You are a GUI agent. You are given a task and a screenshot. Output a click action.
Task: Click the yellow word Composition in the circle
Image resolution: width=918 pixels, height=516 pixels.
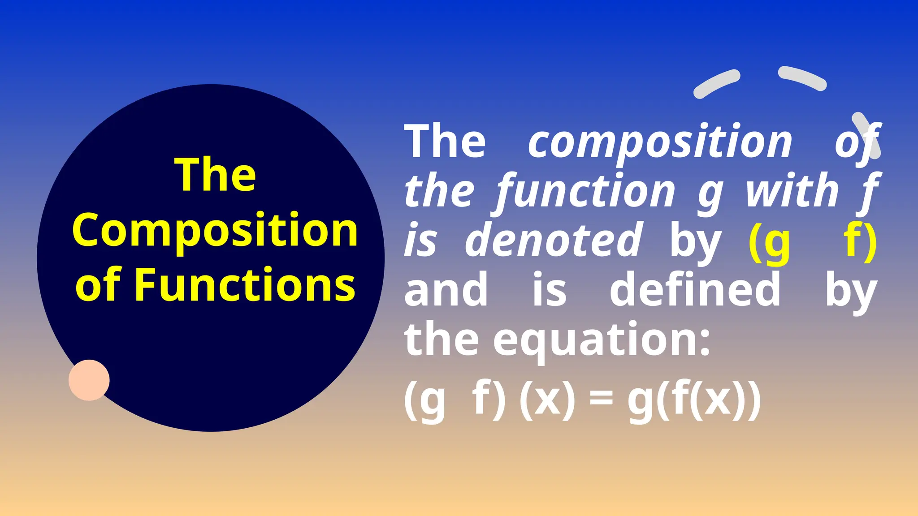(215, 231)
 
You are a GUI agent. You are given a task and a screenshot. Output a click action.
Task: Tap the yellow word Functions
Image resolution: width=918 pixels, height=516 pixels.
(245, 284)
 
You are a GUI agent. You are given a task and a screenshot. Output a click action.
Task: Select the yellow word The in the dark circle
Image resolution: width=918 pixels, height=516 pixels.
(215, 175)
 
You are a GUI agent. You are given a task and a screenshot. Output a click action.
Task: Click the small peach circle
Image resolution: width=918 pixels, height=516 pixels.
(89, 380)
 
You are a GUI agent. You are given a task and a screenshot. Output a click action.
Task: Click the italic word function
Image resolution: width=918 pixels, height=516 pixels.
(585, 192)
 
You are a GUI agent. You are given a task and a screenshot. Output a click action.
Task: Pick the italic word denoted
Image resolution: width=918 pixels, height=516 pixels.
(554, 241)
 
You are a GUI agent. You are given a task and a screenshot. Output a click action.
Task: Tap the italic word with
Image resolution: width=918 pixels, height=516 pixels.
(792, 192)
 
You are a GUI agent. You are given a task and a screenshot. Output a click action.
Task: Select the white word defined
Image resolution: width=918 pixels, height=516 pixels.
(695, 290)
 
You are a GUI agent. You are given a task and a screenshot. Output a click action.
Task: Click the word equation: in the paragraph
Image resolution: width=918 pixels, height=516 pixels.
(602, 339)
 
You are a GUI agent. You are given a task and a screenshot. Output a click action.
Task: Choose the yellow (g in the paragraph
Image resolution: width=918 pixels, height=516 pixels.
(769, 242)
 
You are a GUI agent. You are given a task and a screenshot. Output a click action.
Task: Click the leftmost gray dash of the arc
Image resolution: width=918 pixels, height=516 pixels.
(716, 83)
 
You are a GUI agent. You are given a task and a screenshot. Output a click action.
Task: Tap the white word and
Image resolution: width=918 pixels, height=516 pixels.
(446, 290)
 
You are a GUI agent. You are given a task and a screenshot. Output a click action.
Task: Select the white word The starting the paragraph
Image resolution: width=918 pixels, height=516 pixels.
(445, 142)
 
